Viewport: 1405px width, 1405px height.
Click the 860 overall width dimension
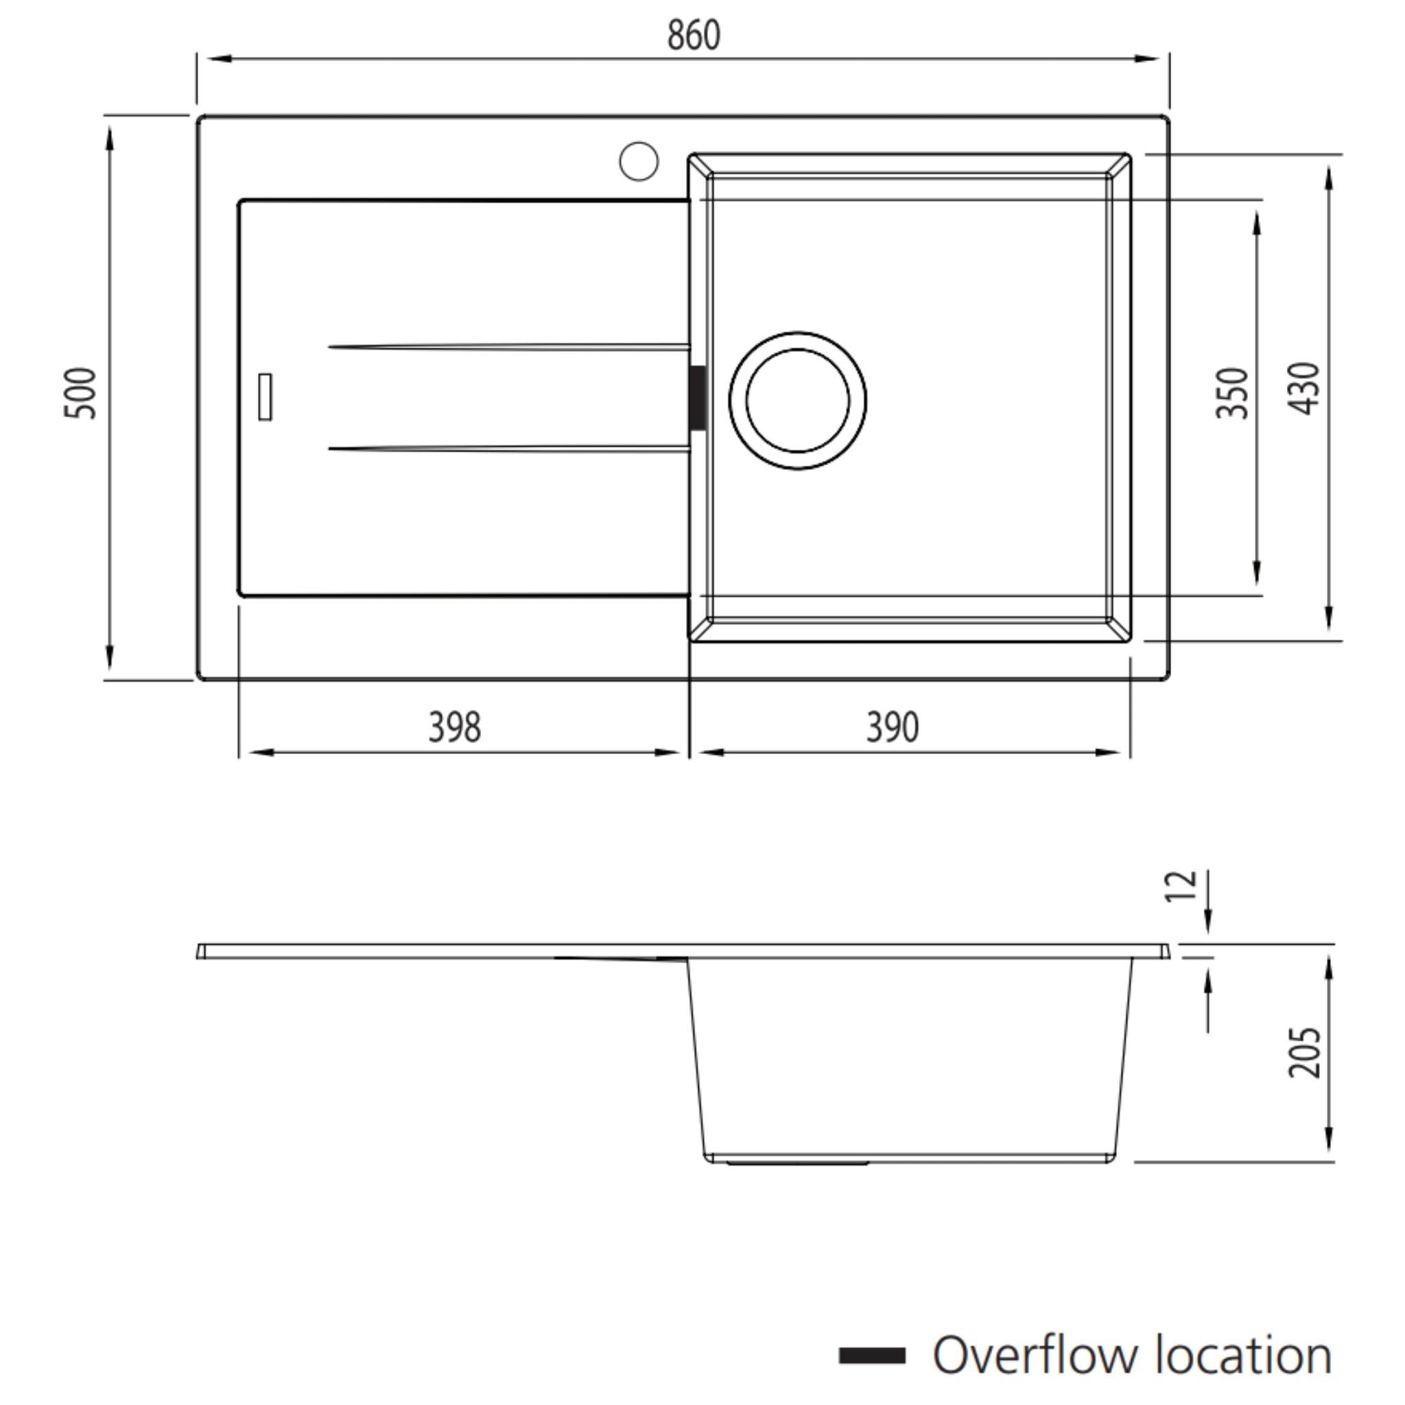693,35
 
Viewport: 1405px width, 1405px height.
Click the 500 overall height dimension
80,393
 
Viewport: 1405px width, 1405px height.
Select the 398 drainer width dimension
455,727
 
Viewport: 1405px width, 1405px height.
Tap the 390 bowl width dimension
893,727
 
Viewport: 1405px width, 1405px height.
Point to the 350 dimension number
1232,393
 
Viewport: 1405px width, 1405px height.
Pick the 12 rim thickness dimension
1179,886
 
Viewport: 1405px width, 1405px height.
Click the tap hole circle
639,161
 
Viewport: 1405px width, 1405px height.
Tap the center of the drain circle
797,401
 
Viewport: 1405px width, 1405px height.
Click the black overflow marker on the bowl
697,398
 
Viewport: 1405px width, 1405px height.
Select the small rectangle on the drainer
265,397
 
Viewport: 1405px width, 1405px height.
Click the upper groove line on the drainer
509,348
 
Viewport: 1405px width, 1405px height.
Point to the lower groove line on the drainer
509,449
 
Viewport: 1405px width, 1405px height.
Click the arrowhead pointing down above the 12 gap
1208,925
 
